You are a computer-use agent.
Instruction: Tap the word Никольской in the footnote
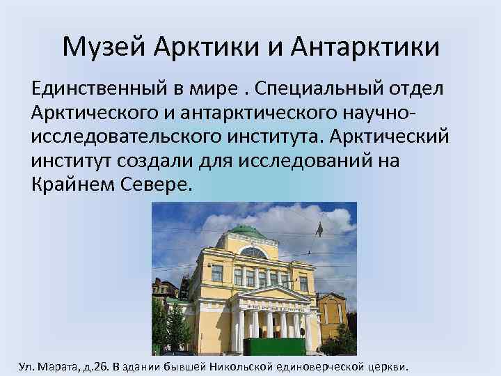[262, 366]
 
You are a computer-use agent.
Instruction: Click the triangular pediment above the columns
[271, 293]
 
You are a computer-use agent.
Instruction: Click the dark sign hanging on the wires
[319, 229]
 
